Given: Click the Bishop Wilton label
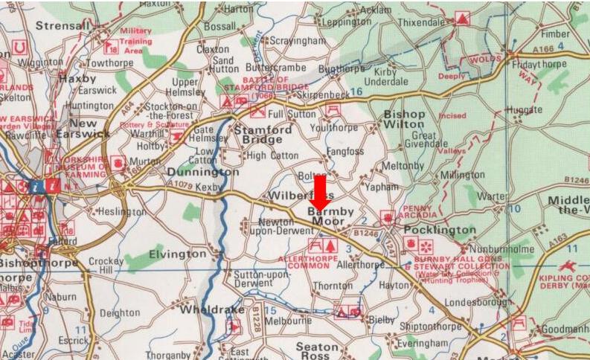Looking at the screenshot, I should pyautogui.click(x=404, y=120).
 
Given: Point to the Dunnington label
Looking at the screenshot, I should pyautogui.click(x=201, y=172).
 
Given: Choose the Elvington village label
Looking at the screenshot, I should pyautogui.click(x=177, y=254).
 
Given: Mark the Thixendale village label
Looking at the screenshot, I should pyautogui.click(x=424, y=23).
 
